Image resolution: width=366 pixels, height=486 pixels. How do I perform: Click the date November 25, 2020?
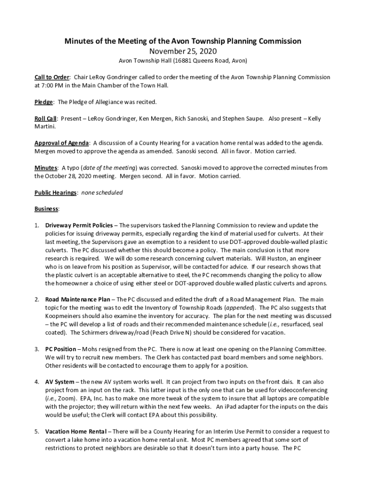183,51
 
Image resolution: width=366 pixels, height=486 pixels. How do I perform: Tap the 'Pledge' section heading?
43,102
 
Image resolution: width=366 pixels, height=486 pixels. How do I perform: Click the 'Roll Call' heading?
46,119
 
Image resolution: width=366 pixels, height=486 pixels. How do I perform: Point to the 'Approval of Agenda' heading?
61,143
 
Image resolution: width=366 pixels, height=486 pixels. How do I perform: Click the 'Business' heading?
46,209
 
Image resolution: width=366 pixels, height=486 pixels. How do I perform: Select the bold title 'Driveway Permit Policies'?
79,225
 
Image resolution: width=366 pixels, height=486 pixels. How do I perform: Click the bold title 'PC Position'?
60,349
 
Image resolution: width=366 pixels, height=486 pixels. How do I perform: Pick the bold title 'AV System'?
59,382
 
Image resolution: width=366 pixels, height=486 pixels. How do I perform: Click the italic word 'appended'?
241,308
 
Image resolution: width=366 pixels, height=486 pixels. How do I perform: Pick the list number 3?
37,349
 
